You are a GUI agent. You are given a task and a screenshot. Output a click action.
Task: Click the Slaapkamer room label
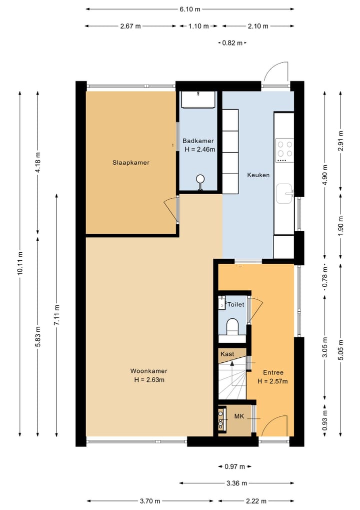(x=131, y=163)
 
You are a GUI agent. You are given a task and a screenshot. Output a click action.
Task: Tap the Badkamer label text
(x=198, y=141)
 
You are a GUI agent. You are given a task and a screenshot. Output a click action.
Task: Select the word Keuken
(x=258, y=175)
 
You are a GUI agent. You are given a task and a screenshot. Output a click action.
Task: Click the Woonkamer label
(x=149, y=371)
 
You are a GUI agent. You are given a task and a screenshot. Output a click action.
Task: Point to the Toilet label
(x=236, y=304)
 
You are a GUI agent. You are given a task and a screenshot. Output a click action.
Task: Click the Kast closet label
(x=227, y=354)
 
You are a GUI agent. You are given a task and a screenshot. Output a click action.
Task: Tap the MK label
(x=239, y=416)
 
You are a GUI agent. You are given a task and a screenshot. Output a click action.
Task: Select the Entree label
(x=273, y=372)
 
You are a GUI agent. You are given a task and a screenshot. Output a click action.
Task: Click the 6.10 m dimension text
(x=190, y=9)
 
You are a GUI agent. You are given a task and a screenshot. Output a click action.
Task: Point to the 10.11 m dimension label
(x=20, y=263)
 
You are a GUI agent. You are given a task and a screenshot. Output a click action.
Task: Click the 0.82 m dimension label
(x=232, y=43)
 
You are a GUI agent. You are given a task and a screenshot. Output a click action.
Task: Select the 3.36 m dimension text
(x=236, y=483)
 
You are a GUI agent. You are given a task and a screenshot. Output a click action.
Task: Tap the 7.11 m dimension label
(x=57, y=314)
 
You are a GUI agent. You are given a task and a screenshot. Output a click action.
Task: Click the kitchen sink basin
(x=284, y=194)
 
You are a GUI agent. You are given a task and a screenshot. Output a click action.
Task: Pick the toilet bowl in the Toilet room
(x=232, y=326)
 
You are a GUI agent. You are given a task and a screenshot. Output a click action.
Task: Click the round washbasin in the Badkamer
(x=200, y=179)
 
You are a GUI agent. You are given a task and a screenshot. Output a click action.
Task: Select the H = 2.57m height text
(x=272, y=381)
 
